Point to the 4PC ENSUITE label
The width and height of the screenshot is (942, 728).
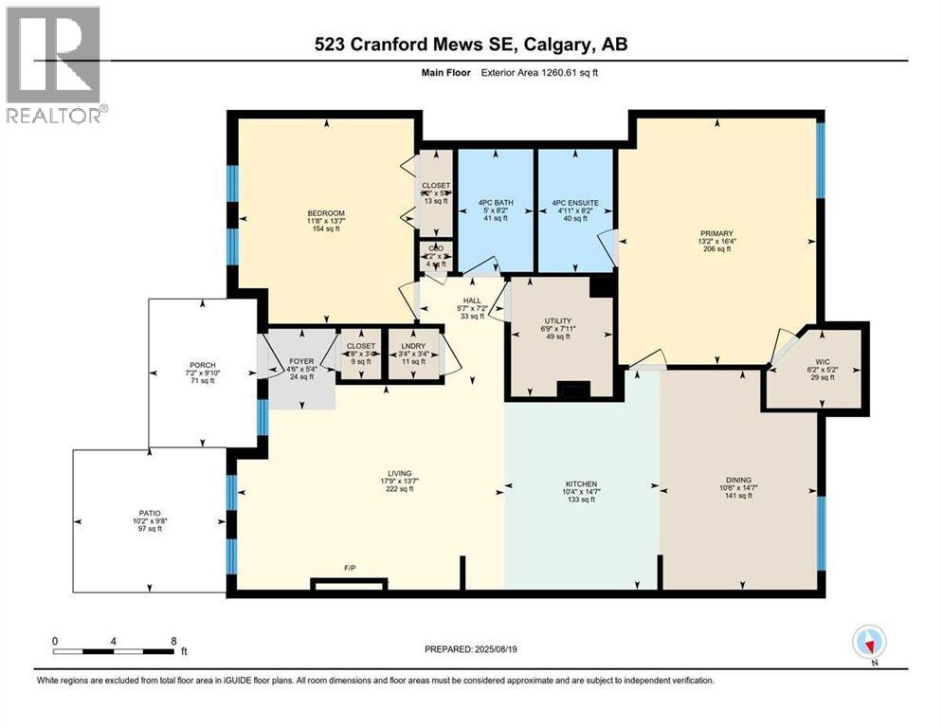click(574, 200)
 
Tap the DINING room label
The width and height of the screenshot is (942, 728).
click(738, 480)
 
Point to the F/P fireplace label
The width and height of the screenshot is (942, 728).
click(350, 569)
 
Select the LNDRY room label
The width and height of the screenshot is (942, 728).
click(412, 346)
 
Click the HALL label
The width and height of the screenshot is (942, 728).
click(471, 299)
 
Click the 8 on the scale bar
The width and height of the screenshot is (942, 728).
click(173, 641)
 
